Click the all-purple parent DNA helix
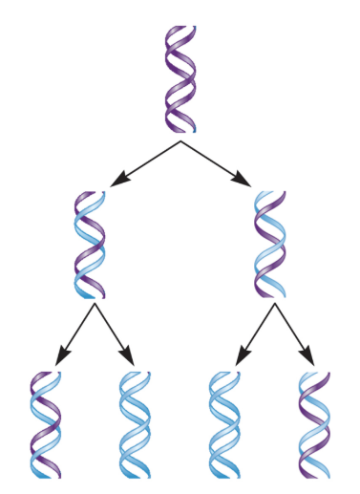click(x=180, y=78)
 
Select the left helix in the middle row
click(x=90, y=244)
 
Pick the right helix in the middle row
click(x=270, y=244)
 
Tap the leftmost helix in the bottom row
click(x=45, y=423)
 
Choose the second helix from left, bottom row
click(x=134, y=423)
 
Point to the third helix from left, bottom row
click(x=225, y=423)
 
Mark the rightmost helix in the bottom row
click(x=314, y=423)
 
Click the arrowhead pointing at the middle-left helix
click(x=117, y=181)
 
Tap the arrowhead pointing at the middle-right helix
click(x=244, y=181)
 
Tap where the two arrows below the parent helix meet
click(x=180, y=141)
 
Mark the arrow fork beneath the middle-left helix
click(x=94, y=305)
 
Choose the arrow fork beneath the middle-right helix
click(x=274, y=305)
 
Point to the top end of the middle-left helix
click(x=86, y=194)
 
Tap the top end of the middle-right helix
click(x=271, y=192)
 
